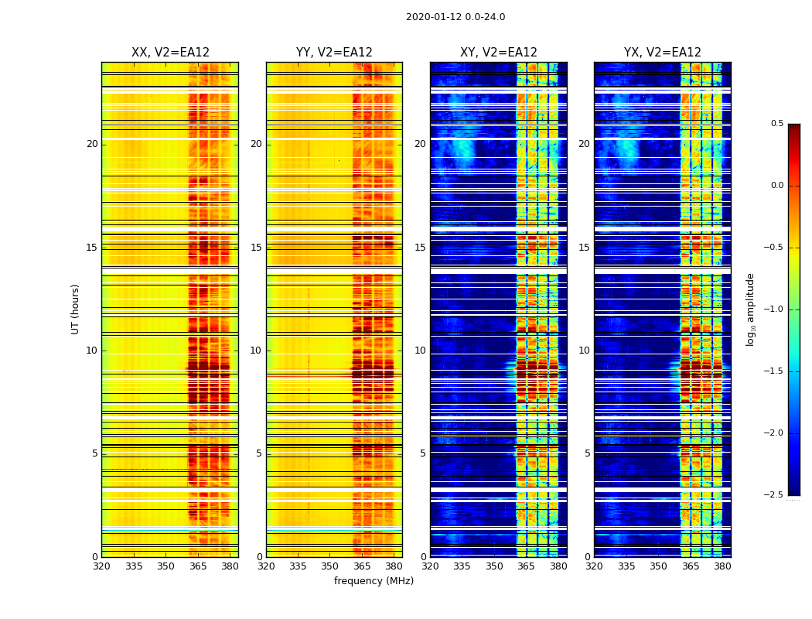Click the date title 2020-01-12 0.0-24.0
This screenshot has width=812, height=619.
click(455, 17)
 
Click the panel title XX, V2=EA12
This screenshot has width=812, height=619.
click(170, 53)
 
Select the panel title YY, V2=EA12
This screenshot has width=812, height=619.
click(334, 53)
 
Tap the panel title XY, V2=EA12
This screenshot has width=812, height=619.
click(499, 53)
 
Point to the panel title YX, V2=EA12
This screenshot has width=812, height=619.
click(663, 53)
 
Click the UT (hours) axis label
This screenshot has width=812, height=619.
click(76, 309)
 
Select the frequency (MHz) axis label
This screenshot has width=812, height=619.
click(374, 581)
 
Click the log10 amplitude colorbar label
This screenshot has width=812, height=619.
click(750, 309)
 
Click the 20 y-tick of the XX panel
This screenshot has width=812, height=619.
click(92, 144)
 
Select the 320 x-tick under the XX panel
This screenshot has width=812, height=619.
click(101, 566)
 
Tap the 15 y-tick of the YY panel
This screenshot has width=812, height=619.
click(256, 248)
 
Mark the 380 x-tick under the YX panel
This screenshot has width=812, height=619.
click(722, 566)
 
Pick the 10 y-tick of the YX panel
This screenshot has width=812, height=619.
click(584, 351)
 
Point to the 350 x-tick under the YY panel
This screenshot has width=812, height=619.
click(330, 566)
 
